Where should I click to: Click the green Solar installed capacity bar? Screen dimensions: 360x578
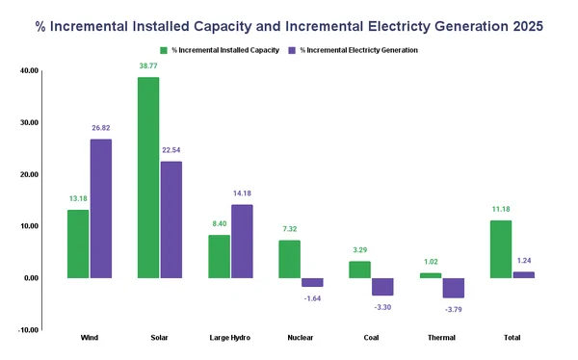click(148, 178)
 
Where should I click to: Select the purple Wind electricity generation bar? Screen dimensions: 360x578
click(101, 209)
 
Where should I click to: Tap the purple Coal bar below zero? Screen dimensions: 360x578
click(382, 287)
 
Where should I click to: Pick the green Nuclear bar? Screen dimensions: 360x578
click(289, 259)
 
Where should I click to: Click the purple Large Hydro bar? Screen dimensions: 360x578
click(242, 242)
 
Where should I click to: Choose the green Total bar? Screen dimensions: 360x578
click(501, 249)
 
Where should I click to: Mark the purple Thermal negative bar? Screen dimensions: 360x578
click(454, 288)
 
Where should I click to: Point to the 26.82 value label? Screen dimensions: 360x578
click(101, 128)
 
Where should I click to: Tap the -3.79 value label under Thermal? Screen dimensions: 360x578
click(454, 309)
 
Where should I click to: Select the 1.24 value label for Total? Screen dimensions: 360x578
click(524, 260)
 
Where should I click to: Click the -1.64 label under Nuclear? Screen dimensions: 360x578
click(312, 298)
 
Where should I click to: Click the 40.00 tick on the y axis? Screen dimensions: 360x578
click(28, 70)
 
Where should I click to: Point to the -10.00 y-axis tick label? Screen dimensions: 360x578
click(27, 330)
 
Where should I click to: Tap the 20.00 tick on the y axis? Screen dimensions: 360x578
click(28, 174)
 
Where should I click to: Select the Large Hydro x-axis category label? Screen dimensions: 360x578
click(230, 339)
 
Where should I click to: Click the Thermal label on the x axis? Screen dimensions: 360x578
click(442, 339)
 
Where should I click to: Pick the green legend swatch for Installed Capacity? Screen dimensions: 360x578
click(164, 49)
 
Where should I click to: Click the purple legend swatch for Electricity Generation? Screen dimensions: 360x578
click(292, 49)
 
